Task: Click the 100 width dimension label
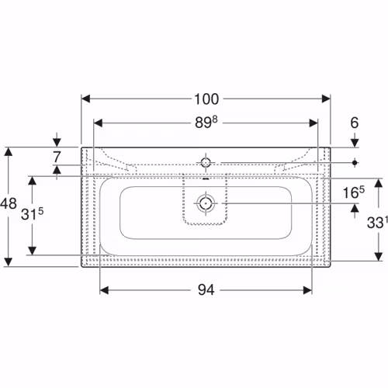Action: click(x=206, y=99)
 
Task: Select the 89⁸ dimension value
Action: click(x=206, y=122)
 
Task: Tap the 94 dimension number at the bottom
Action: click(x=206, y=289)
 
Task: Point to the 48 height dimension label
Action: click(x=9, y=203)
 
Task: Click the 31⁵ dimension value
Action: click(x=32, y=213)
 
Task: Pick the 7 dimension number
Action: click(x=57, y=157)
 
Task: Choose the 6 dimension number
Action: click(x=355, y=123)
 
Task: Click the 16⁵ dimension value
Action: click(x=354, y=192)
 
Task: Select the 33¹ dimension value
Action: click(x=377, y=223)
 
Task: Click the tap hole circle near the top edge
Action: click(x=206, y=162)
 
